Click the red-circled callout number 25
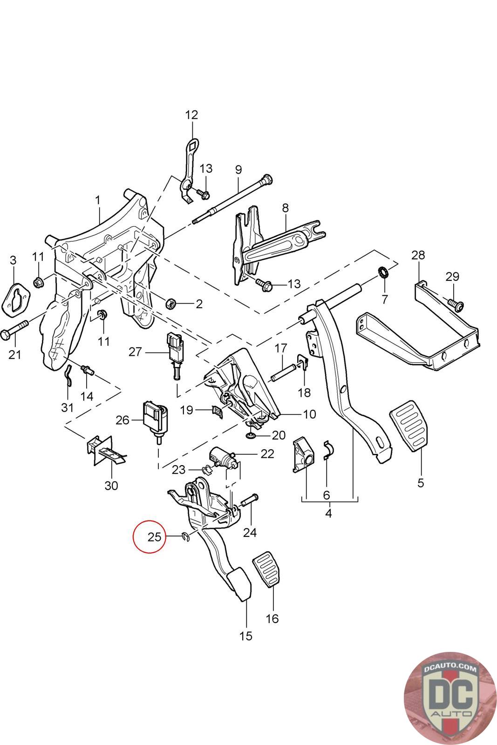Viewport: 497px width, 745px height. [154, 537]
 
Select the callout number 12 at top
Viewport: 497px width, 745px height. [191, 115]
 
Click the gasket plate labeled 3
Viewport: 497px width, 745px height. [18, 296]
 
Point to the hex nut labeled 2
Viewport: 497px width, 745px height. [171, 304]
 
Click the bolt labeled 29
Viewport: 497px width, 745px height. [456, 305]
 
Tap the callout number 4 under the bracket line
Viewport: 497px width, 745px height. [328, 514]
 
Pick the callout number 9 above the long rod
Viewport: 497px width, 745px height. [238, 169]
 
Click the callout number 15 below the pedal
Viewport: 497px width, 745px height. [245, 635]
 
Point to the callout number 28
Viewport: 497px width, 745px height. [418, 255]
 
